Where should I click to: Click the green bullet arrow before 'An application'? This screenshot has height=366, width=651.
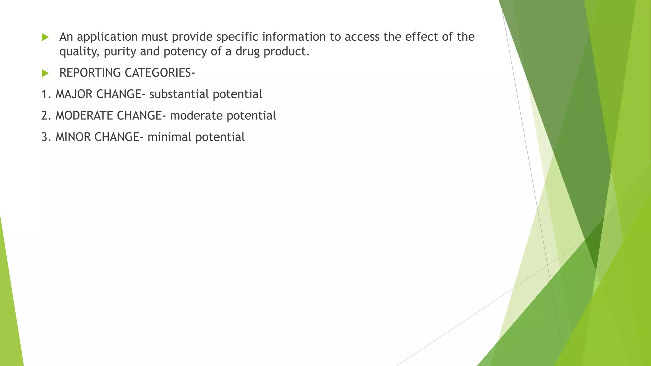point(45,37)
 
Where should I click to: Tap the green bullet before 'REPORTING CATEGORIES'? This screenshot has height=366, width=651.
point(45,73)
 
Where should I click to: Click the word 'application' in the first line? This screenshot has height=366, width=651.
point(107,37)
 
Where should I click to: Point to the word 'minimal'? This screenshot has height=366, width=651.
point(169,137)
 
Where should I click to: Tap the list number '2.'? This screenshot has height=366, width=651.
point(46,116)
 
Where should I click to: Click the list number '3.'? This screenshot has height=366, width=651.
point(46,137)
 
